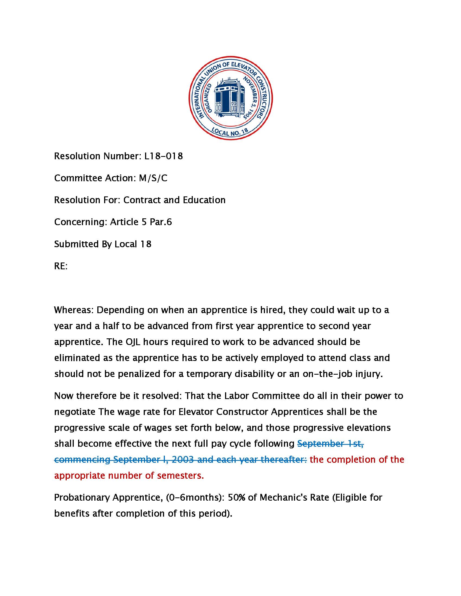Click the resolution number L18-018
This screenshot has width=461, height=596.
164,156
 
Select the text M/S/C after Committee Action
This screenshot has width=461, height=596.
153,178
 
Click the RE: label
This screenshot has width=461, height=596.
61,266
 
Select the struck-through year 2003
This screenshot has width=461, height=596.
183,459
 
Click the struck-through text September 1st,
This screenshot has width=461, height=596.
330,444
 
